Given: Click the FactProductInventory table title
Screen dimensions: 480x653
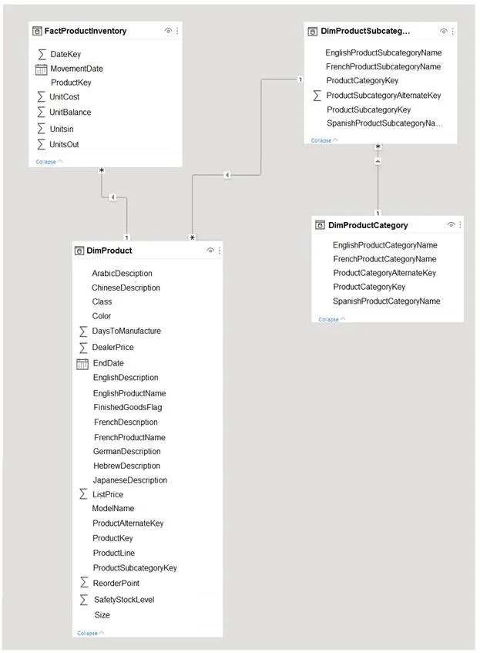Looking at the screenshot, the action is (x=86, y=31).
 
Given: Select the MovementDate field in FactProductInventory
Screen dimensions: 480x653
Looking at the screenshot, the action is (x=76, y=69).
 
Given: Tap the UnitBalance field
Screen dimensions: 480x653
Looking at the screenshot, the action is (x=70, y=112).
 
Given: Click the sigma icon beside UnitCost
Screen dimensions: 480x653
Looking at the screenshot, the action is (x=41, y=96).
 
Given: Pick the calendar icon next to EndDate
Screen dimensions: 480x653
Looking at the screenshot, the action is (x=82, y=364).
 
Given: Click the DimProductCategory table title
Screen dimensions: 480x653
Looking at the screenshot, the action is (x=368, y=225).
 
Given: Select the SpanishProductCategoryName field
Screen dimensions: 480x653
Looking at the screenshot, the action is (x=386, y=301).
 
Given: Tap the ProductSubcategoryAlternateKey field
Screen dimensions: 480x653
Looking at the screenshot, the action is (x=384, y=96).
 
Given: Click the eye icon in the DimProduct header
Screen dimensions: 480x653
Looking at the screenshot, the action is (x=210, y=251).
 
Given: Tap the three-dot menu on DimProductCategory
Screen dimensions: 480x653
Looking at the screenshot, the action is (x=460, y=225).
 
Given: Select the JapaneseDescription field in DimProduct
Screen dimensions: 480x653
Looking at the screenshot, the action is (x=130, y=480).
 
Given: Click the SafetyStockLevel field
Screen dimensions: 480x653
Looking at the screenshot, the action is (x=124, y=600).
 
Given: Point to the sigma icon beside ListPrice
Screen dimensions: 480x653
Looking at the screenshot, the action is (x=83, y=494).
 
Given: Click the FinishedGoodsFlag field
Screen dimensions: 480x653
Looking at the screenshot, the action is (x=127, y=407).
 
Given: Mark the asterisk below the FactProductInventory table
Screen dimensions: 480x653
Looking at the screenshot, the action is (x=102, y=170).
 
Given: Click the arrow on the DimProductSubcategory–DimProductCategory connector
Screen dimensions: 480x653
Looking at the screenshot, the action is (x=378, y=161).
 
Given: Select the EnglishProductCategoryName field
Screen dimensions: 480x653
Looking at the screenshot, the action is (x=385, y=245).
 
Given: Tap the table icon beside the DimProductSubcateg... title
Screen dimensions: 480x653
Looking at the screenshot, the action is (x=312, y=32).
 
